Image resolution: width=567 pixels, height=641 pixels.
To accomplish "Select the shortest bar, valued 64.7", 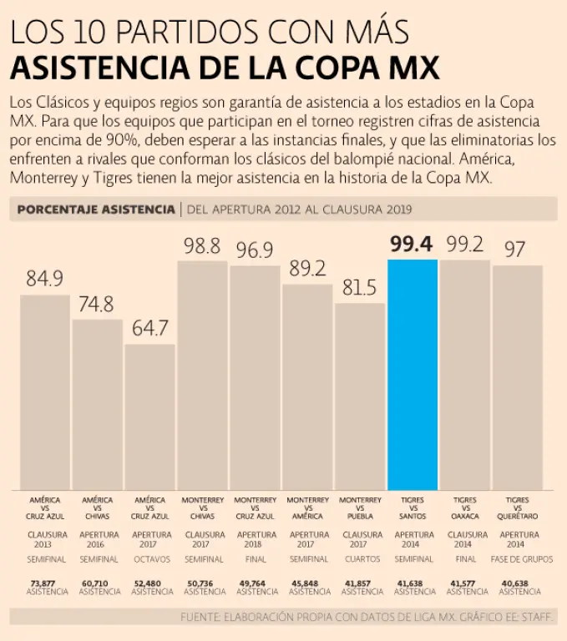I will [150, 416].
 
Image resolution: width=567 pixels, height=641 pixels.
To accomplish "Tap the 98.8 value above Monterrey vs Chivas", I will [203, 245].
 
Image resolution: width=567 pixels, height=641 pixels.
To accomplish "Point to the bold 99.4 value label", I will [412, 244].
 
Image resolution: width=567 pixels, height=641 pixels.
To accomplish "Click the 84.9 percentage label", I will [45, 279].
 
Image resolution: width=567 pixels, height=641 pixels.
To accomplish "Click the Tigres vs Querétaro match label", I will [518, 508].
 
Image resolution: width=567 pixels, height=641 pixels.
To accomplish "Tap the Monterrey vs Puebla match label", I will [360, 508].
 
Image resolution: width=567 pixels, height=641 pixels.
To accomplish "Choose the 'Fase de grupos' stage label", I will [519, 559].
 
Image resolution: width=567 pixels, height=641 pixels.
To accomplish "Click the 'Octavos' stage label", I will [151, 559].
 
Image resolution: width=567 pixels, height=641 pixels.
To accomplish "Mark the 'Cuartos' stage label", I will [361, 559].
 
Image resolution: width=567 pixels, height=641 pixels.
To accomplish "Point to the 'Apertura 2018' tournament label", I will [256, 540].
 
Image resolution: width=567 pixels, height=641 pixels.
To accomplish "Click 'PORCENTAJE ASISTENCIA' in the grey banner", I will [95, 209].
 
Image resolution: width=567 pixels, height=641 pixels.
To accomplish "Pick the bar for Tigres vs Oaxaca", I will [465, 375].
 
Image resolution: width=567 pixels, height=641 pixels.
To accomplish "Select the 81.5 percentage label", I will [360, 289].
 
